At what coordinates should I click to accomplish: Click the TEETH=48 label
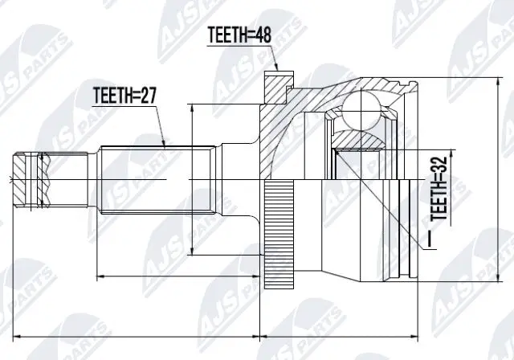239,35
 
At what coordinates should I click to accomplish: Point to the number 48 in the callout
262,35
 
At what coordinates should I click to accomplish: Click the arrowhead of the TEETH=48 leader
275,69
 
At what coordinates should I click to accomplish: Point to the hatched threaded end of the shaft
29,176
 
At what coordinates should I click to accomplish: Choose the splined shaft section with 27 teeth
157,178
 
